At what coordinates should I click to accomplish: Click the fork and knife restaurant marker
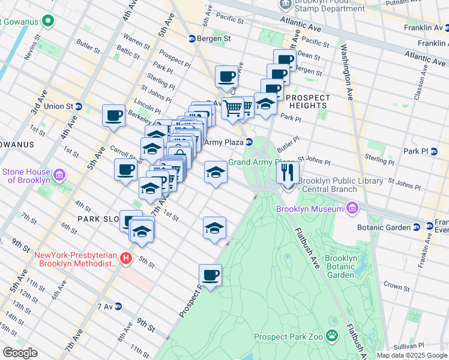(288, 173)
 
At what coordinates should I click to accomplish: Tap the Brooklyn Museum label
(310, 209)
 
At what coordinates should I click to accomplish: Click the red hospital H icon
(126, 259)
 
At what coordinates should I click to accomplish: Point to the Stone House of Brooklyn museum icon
(59, 175)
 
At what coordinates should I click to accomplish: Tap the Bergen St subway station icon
(191, 38)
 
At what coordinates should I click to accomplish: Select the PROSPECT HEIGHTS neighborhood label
(308, 101)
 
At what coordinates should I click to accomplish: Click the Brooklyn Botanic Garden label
(341, 266)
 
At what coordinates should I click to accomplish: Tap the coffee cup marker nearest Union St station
(113, 116)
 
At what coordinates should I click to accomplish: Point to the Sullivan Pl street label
(414, 346)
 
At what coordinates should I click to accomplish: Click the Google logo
(19, 353)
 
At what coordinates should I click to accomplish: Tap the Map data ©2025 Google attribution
(411, 355)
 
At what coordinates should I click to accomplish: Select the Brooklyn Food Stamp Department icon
(285, 4)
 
